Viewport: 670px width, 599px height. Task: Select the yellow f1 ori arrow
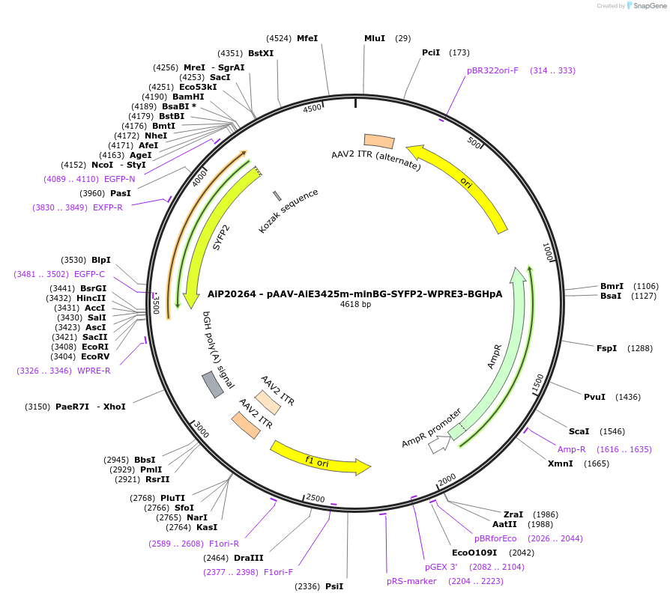click(319, 458)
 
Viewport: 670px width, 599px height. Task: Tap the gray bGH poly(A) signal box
click(213, 384)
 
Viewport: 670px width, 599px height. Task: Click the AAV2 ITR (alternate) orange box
click(379, 141)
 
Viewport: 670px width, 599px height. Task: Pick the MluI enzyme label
click(375, 38)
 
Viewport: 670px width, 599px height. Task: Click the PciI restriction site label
click(431, 52)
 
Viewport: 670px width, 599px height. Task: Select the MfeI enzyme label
click(307, 38)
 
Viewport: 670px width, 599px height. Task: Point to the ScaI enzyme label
click(579, 431)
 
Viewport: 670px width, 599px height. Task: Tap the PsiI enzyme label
click(334, 586)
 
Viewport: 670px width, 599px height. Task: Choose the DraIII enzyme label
click(248, 558)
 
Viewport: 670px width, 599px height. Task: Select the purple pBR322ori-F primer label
click(492, 70)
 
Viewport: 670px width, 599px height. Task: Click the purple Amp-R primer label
click(572, 449)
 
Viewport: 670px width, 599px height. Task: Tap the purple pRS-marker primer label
click(411, 580)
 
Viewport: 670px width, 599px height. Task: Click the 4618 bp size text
click(355, 305)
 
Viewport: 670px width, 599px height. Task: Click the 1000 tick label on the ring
click(548, 252)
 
